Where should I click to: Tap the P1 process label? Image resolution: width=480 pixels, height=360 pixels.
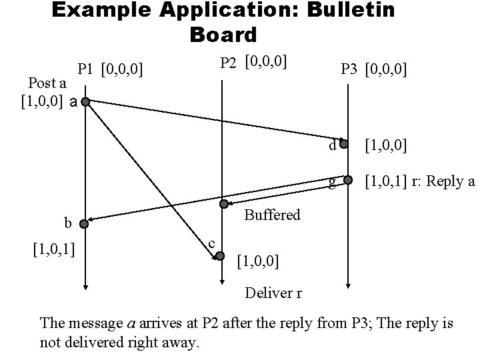point(85,68)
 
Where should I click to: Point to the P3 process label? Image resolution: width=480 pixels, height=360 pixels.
point(349,68)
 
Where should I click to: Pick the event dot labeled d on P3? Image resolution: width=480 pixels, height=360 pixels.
point(344,143)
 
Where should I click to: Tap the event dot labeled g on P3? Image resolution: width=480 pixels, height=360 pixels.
point(347,179)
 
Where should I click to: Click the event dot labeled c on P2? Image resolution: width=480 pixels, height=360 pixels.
point(221,255)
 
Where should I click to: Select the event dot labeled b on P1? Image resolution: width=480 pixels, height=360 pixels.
point(85,221)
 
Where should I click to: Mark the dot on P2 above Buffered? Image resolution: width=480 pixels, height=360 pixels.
point(225,203)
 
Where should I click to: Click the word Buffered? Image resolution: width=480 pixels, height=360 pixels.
point(272,215)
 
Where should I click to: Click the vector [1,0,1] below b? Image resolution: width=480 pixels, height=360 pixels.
point(53,249)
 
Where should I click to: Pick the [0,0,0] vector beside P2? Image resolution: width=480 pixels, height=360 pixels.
point(266,62)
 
